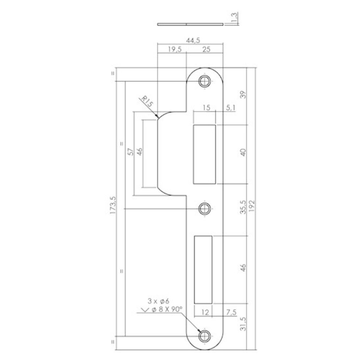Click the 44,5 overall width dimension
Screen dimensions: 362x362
(190, 40)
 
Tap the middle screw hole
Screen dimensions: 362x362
(205, 209)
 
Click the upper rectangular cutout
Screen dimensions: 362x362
(205, 153)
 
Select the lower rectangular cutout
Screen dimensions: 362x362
(203, 269)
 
